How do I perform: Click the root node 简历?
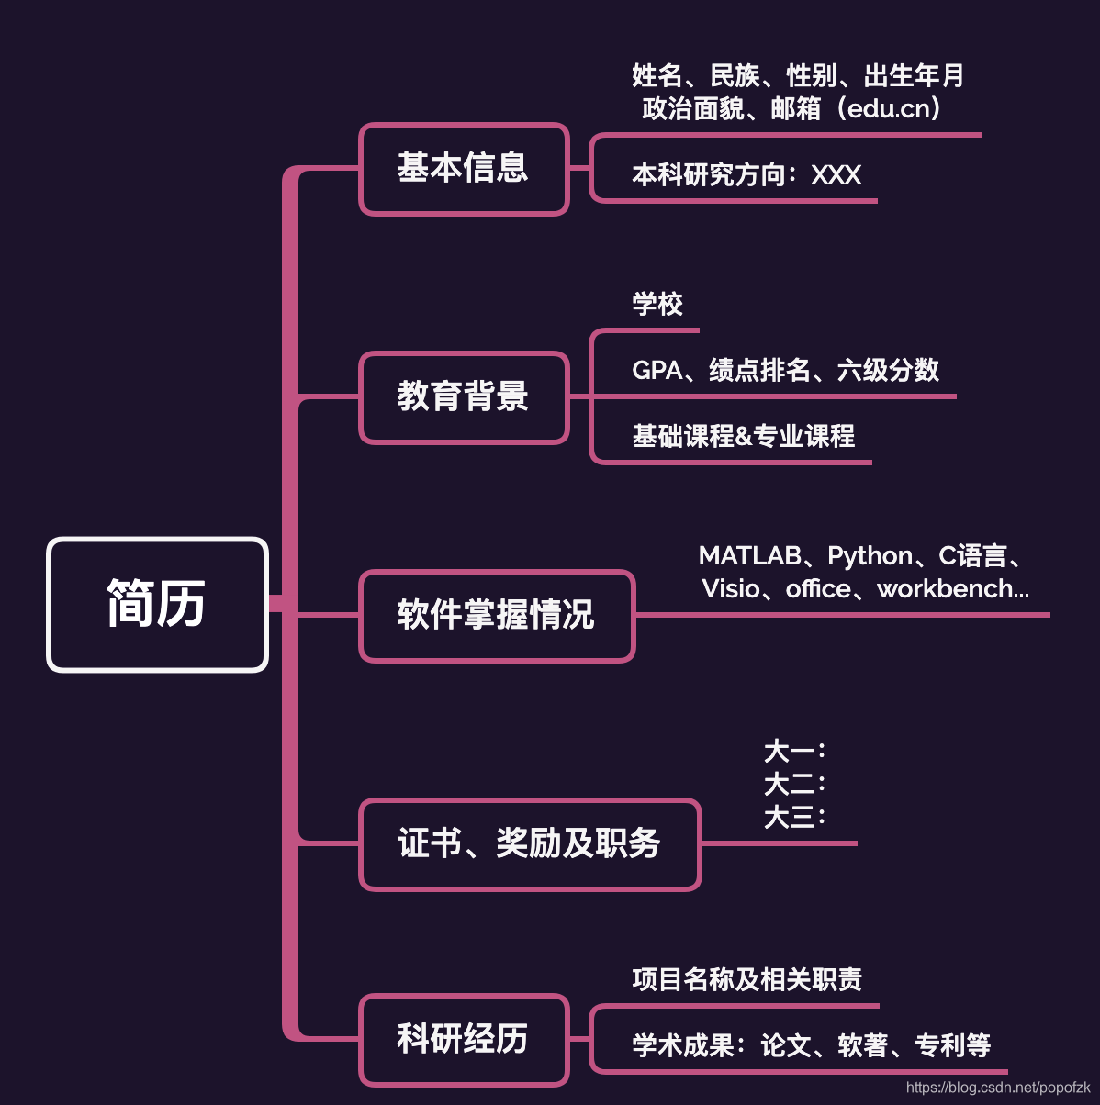pyautogui.click(x=157, y=604)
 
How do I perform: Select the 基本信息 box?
pyautogui.click(x=464, y=169)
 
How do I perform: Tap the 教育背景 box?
pyautogui.click(x=464, y=397)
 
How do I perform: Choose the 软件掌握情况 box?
pyautogui.click(x=497, y=615)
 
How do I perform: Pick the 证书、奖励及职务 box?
pyautogui.click(x=530, y=843)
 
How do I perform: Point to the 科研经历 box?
pyautogui.click(x=464, y=1039)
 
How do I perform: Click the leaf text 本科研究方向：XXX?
pyautogui.click(x=746, y=174)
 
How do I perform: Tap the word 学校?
pyautogui.click(x=657, y=304)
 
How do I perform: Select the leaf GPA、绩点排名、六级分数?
pyautogui.click(x=785, y=370)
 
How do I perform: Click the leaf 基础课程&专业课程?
pyautogui.click(x=743, y=436)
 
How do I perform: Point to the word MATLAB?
pyautogui.click(x=749, y=555)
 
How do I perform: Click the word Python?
pyautogui.click(x=870, y=555)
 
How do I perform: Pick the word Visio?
pyautogui.click(x=730, y=588)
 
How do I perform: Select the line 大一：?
pyautogui.click(x=794, y=752)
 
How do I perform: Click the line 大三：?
pyautogui.click(x=794, y=817)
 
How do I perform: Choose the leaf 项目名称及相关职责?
pyautogui.click(x=746, y=979)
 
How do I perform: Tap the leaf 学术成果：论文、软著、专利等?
pyautogui.click(x=811, y=1045)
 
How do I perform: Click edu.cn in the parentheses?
pyautogui.click(x=889, y=108)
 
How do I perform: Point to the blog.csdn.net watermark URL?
pyautogui.click(x=998, y=1088)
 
